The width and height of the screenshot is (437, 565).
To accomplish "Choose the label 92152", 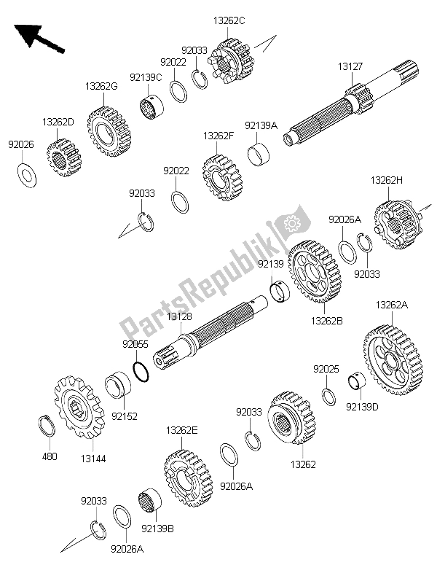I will (x=123, y=417).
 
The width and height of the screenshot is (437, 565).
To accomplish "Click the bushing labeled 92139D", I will (x=357, y=383).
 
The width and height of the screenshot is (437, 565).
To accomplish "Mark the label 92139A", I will (x=261, y=125).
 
